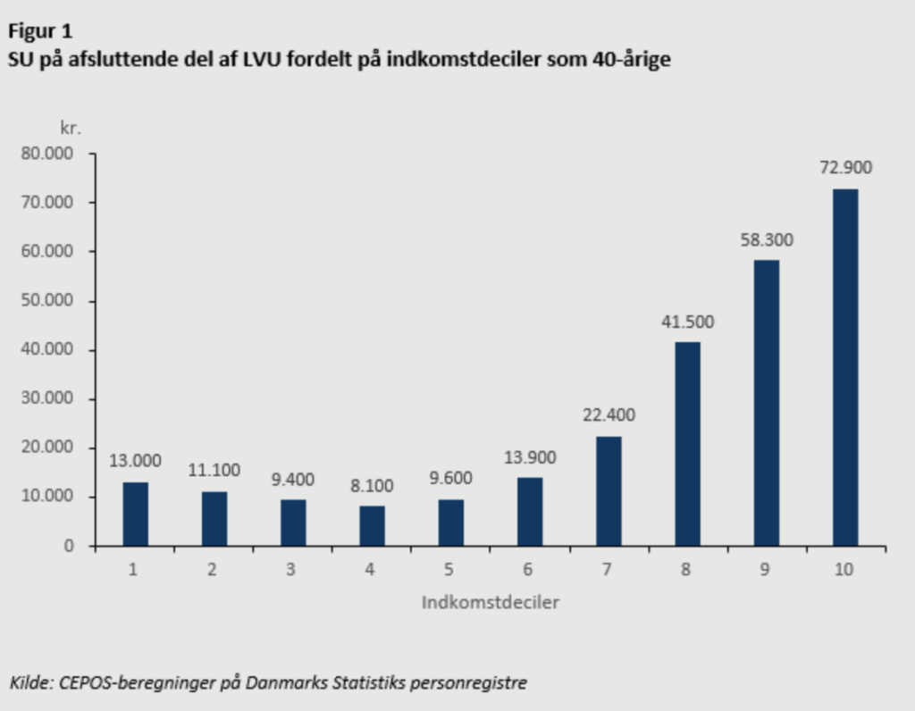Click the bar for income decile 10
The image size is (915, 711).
pyautogui.click(x=845, y=367)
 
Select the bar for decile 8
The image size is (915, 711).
pyautogui.click(x=687, y=444)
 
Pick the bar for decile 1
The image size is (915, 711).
pyautogui.click(x=136, y=514)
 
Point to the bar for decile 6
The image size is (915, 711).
pyautogui.click(x=530, y=511)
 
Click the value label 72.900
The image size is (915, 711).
pyautogui.click(x=845, y=168)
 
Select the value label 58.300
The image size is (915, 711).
pyautogui.click(x=766, y=239)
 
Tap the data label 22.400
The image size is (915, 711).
pyautogui.click(x=609, y=415)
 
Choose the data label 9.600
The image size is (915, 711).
pyautogui.click(x=450, y=478)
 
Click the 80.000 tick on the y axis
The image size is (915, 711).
pyautogui.click(x=53, y=154)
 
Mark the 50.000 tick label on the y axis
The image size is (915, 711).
pyautogui.click(x=53, y=301)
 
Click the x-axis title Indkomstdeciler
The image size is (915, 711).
pyautogui.click(x=491, y=602)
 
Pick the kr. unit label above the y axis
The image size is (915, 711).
pyautogui.click(x=71, y=128)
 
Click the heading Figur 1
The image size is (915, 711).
pyautogui.click(x=40, y=32)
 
